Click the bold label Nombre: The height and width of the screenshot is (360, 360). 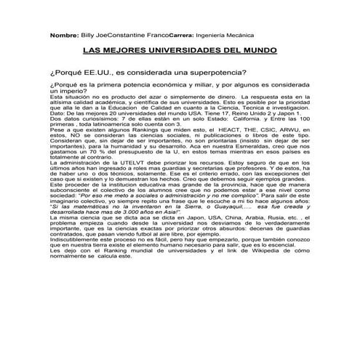click(63, 34)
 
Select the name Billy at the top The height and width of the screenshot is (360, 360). click(88, 34)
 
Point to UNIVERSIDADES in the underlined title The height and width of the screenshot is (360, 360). click(179, 52)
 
